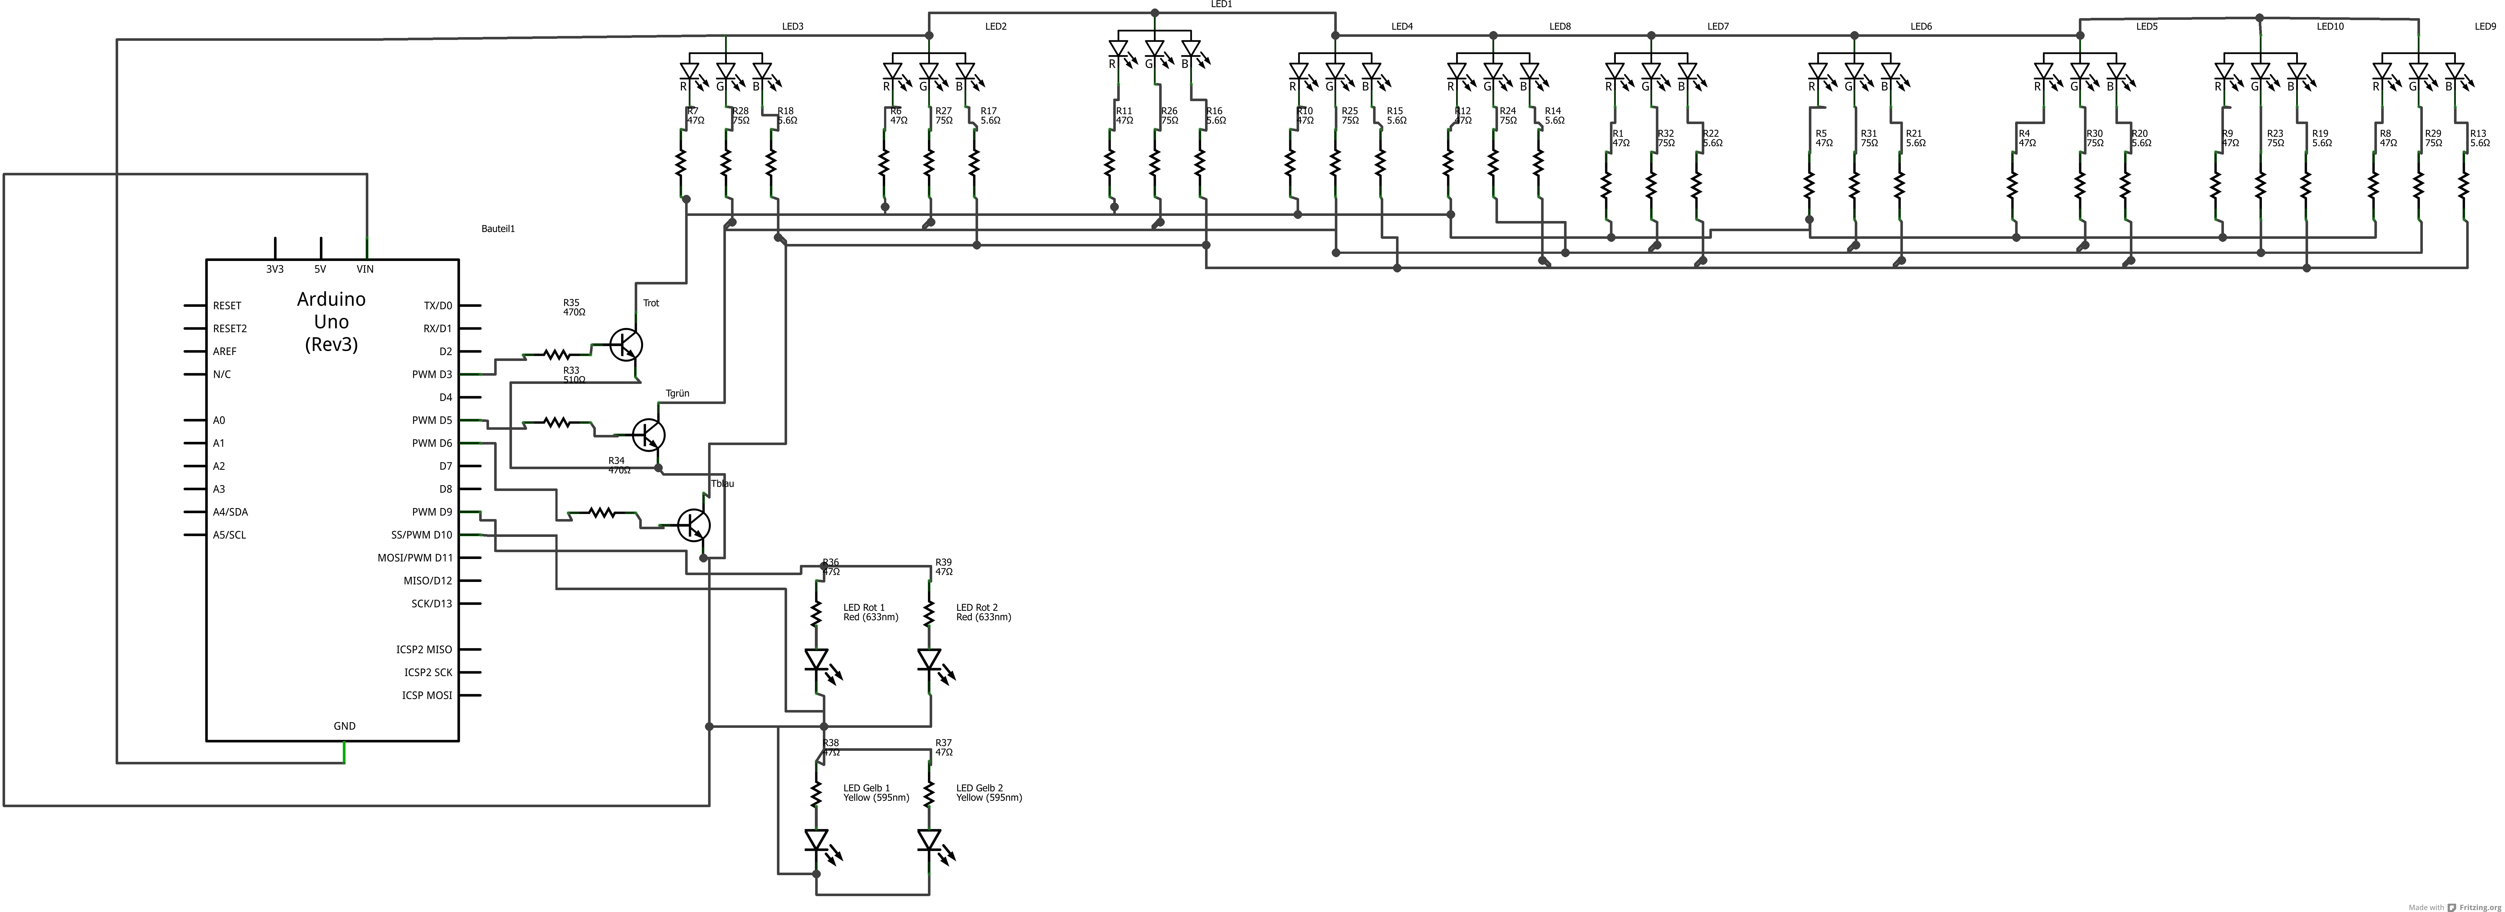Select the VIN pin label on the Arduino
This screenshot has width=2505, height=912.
365,269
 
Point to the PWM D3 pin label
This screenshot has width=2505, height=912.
432,374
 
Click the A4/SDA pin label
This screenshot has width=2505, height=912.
230,513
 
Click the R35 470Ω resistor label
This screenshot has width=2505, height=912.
574,307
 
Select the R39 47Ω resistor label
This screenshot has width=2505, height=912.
943,567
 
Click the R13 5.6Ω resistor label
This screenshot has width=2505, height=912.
2480,138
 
